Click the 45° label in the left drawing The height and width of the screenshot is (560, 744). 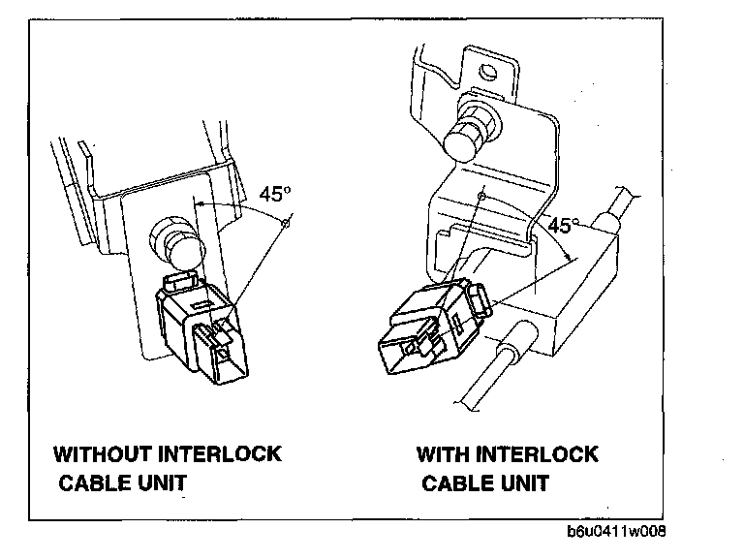(275, 194)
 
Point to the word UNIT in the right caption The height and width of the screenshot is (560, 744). (524, 483)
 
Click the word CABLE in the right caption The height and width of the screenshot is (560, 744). (458, 483)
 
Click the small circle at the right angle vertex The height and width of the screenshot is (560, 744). (481, 197)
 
